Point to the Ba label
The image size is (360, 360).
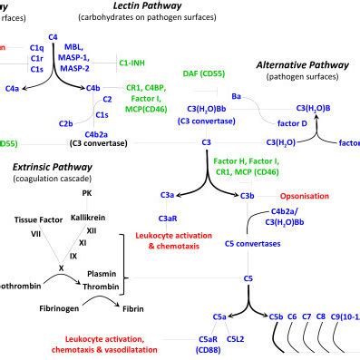tap(236, 95)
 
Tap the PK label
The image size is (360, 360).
tap(86, 193)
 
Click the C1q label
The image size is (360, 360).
tap(36, 45)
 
